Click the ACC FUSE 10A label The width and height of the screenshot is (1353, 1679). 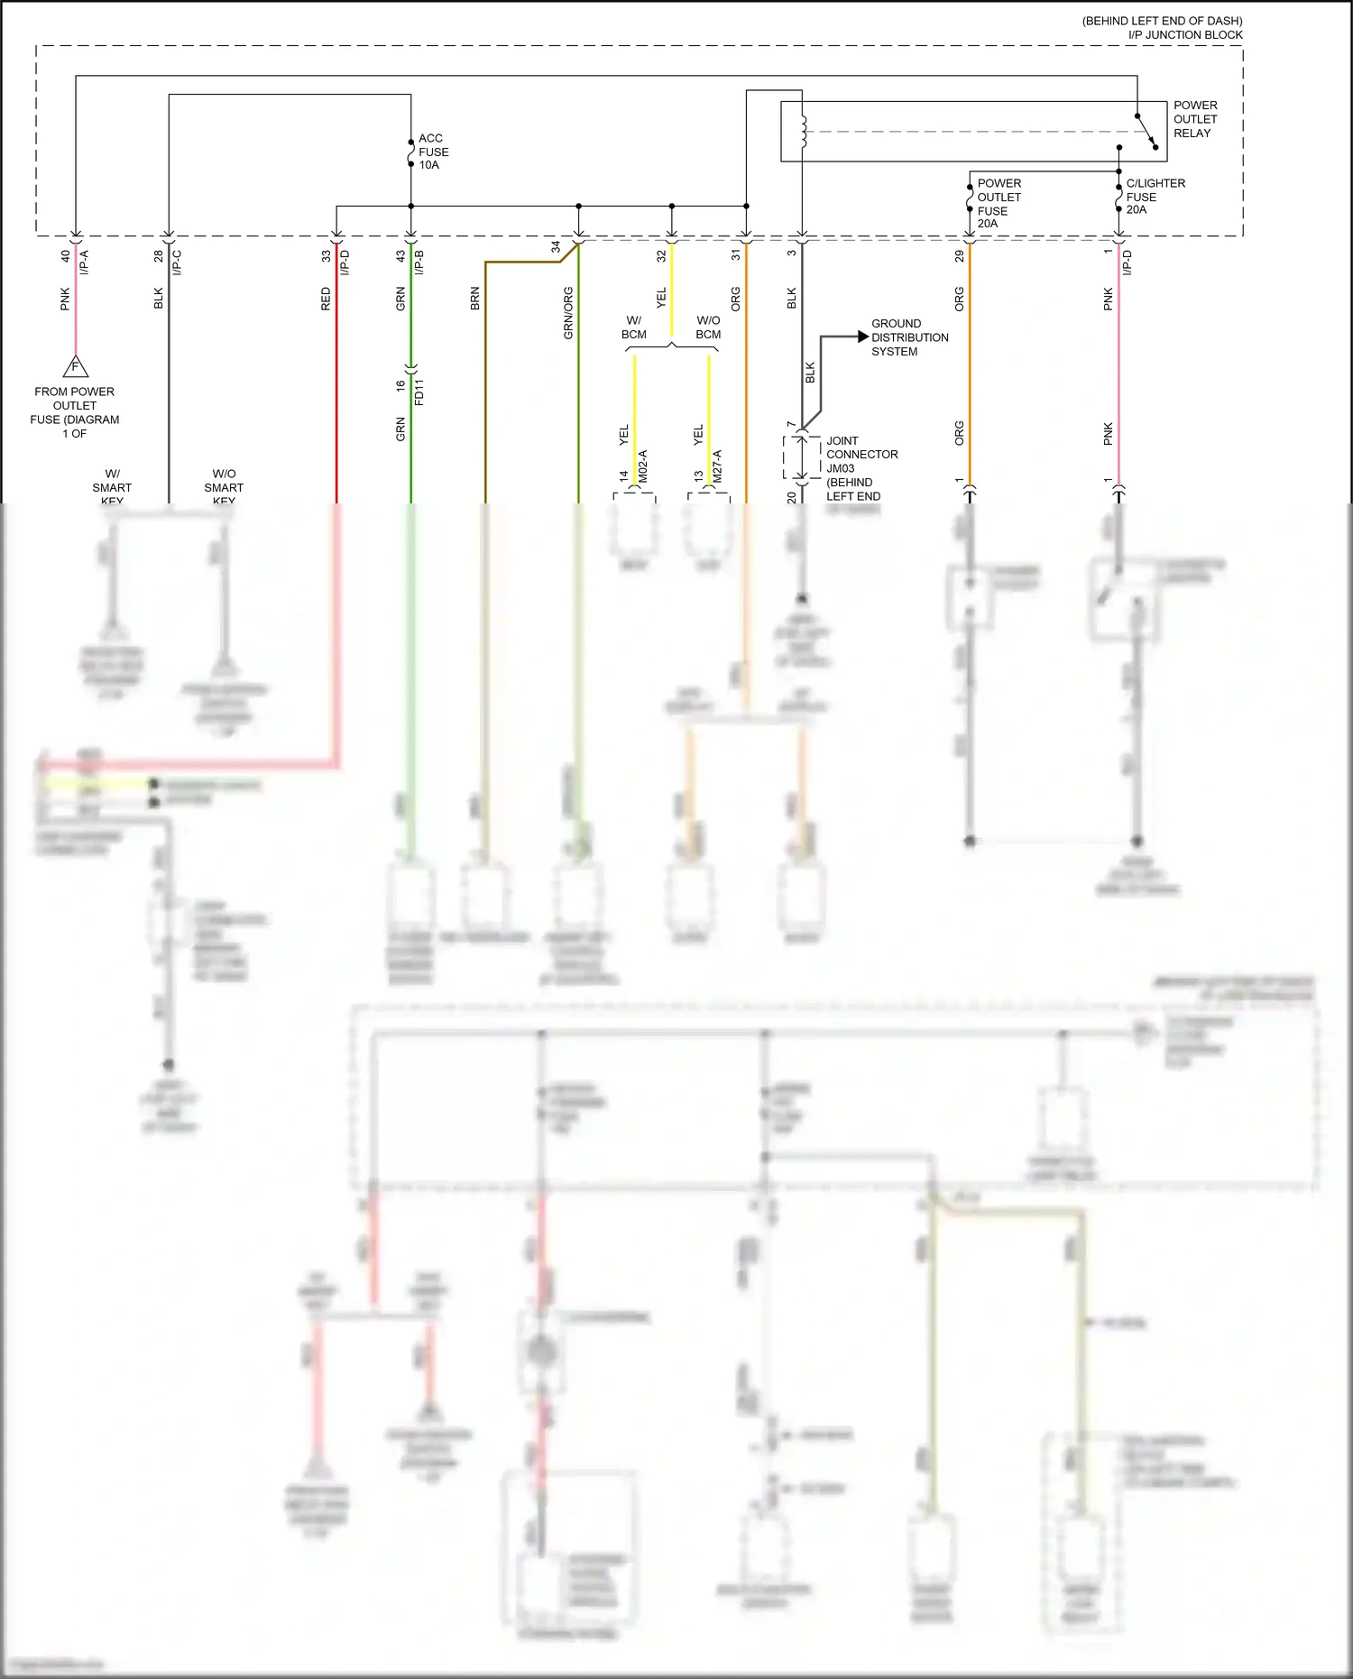[x=433, y=152]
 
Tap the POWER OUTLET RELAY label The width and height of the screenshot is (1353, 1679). [x=1194, y=119]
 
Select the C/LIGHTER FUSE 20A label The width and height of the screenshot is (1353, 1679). [x=1155, y=196]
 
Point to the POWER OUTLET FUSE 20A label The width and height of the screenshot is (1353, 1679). [x=999, y=203]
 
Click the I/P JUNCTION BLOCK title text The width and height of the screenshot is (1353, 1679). [x=1184, y=35]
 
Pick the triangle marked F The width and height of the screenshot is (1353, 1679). [x=76, y=367]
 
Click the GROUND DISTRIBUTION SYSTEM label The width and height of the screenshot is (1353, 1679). [x=909, y=337]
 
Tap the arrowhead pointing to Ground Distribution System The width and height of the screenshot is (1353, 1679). [x=862, y=337]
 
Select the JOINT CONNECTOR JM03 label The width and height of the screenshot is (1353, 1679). [x=861, y=468]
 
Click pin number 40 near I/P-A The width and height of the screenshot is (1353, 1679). [x=65, y=256]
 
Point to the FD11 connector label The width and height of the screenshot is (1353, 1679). [x=419, y=392]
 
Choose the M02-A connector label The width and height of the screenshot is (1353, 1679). [x=643, y=466]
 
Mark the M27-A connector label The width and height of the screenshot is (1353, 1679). [x=718, y=466]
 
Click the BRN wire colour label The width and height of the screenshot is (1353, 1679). [x=475, y=299]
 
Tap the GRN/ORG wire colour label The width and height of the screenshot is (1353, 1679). [x=568, y=313]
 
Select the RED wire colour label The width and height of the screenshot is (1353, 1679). [x=326, y=299]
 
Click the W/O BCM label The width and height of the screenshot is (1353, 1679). [x=708, y=327]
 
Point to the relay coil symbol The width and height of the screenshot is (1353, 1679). [x=802, y=132]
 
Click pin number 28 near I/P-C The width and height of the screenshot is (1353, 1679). [x=159, y=256]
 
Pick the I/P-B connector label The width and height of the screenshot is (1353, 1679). [x=419, y=263]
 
